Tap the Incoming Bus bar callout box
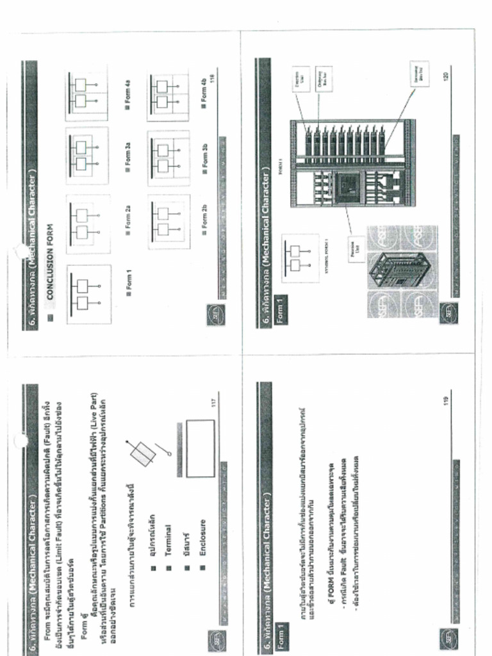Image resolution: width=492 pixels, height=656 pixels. (420, 74)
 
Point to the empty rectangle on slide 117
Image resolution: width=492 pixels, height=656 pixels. (199, 448)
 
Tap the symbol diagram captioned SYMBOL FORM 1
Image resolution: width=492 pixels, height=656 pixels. (299, 258)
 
